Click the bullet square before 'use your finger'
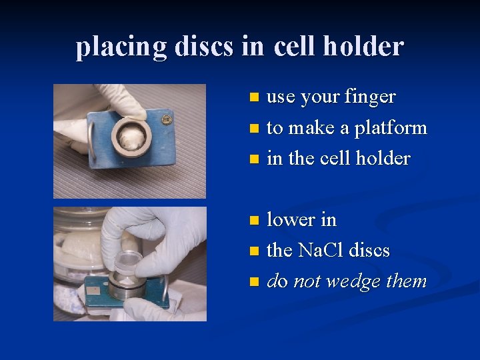(x=253, y=98)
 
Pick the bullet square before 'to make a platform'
(x=253, y=129)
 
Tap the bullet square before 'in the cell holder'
(x=253, y=159)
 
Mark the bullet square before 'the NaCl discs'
(x=253, y=251)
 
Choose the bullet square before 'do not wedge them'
(x=253, y=282)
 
